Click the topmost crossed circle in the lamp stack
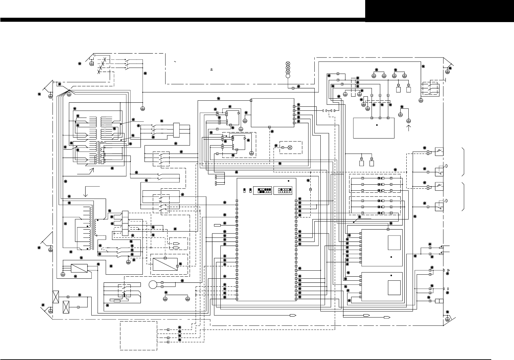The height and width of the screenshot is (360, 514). pyautogui.click(x=288, y=63)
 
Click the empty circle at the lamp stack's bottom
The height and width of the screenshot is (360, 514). pyautogui.click(x=288, y=76)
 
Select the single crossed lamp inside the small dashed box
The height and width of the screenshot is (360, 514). pyautogui.click(x=290, y=147)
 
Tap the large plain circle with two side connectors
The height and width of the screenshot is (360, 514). pyautogui.click(x=153, y=285)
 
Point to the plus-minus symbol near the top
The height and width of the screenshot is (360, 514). pyautogui.click(x=211, y=70)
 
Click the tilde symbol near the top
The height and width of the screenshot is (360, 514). pyautogui.click(x=175, y=62)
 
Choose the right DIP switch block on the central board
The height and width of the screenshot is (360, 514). pyautogui.click(x=283, y=191)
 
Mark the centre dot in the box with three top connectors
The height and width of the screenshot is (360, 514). pyautogui.click(x=377, y=125)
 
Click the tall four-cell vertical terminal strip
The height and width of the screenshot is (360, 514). pyautogui.click(x=125, y=223)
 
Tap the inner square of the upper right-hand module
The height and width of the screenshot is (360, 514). pyautogui.click(x=394, y=243)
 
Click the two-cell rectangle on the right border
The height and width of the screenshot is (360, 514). pyautogui.click(x=439, y=301)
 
